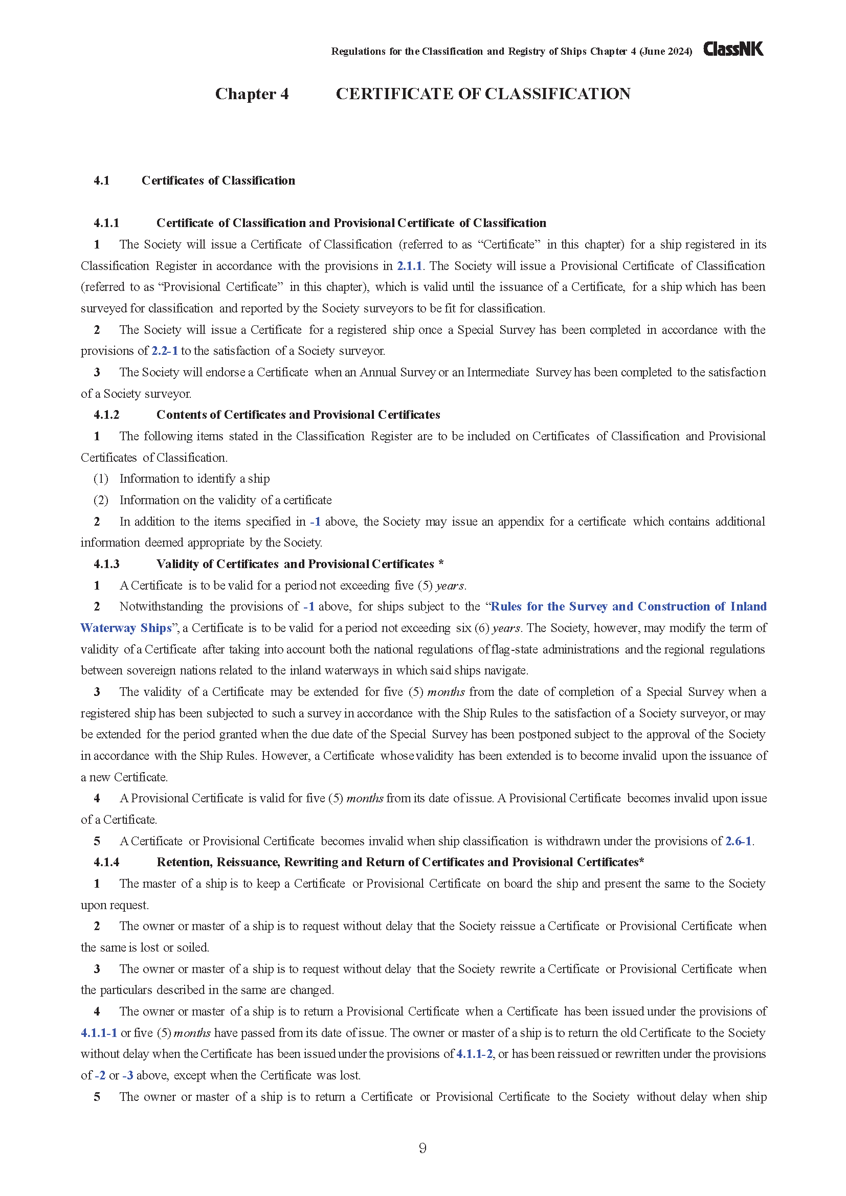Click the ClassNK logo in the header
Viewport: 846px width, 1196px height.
tap(733, 49)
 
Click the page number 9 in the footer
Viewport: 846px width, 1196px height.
tap(422, 1148)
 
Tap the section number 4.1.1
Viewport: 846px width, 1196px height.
tap(106, 223)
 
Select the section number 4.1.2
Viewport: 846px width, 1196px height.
tap(106, 415)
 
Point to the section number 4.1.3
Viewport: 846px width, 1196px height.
tap(106, 563)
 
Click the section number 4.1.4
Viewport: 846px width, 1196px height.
tap(106, 862)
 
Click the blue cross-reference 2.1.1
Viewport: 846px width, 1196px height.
tap(409, 266)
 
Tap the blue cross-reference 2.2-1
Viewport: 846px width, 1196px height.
tap(165, 351)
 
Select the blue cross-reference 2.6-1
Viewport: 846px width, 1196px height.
tap(738, 841)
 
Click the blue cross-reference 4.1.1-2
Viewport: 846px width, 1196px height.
tap(474, 1054)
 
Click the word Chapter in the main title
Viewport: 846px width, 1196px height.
tap(246, 94)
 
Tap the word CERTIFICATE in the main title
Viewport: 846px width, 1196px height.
tap(394, 94)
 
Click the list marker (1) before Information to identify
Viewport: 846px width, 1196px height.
tap(101, 479)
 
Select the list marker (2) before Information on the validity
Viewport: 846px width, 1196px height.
tap(101, 500)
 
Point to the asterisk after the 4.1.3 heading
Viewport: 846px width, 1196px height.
tap(441, 563)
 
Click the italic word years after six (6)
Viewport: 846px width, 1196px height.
tap(506, 628)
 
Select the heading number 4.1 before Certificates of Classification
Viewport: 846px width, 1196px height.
tap(102, 180)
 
